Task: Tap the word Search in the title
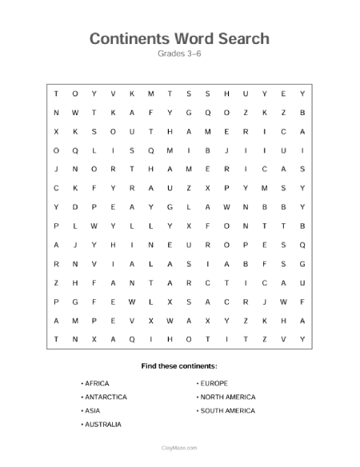click(243, 38)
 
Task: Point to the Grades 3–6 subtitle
click(180, 54)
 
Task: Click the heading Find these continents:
click(179, 365)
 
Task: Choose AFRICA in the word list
click(96, 384)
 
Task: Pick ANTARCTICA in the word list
click(105, 397)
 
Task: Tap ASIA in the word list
click(91, 411)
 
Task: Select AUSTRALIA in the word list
click(102, 425)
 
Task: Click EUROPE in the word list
click(214, 384)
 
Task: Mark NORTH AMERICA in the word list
click(228, 397)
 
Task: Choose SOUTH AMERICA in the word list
click(228, 411)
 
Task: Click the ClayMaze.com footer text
click(180, 449)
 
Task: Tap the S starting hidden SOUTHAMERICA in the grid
click(94, 131)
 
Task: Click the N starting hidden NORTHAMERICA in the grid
click(75, 170)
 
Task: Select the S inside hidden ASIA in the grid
click(188, 264)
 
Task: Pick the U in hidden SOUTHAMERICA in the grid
click(132, 131)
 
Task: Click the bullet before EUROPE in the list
click(197, 384)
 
